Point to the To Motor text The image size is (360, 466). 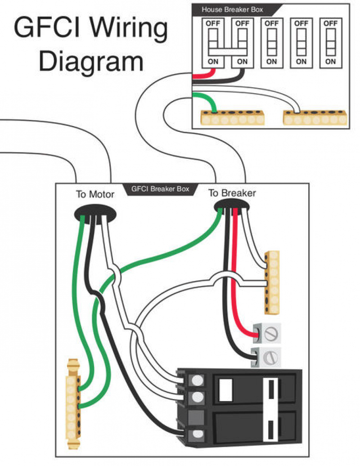point(95,194)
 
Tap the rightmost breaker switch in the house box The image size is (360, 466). point(330,42)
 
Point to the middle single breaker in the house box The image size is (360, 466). point(271,42)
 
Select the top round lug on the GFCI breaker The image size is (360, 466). point(197,381)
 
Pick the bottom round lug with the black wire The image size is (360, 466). point(197,435)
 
